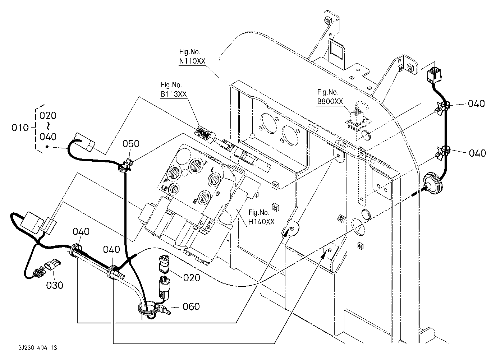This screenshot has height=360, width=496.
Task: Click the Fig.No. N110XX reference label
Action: tap(192, 57)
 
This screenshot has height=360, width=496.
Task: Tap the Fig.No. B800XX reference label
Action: tap(330, 97)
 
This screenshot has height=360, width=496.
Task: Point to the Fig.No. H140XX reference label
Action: tap(262, 217)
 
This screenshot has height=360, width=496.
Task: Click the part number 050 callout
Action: tap(131, 144)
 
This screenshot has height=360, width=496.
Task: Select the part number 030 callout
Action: tap(55, 285)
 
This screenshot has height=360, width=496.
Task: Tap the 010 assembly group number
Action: tap(20, 127)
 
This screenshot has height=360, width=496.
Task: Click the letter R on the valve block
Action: tap(194, 202)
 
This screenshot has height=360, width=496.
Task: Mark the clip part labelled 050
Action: tap(125, 166)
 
